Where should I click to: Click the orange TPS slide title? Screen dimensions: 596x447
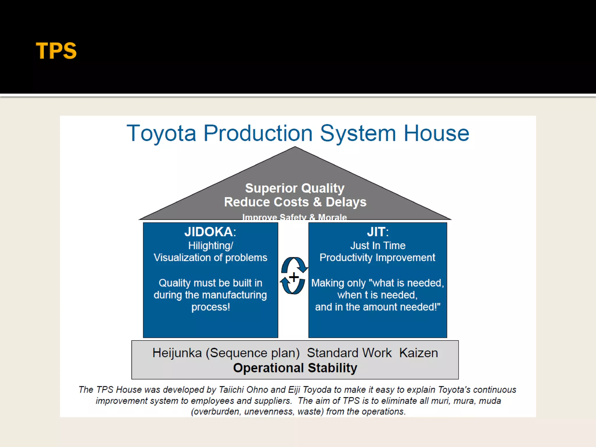(56, 51)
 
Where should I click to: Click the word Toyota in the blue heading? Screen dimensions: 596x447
(161, 133)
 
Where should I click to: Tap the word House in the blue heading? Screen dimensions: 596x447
(436, 133)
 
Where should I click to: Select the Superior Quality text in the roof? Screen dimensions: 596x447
(295, 188)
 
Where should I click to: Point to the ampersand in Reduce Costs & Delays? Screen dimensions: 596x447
(317, 202)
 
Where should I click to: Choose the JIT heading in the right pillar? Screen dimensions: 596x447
(377, 232)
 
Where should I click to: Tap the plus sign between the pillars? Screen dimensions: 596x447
(294, 277)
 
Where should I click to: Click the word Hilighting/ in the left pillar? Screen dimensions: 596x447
(210, 246)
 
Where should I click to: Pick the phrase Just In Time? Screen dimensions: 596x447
(378, 246)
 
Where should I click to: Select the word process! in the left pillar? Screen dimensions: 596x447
(210, 307)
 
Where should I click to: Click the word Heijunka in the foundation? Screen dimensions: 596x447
(177, 353)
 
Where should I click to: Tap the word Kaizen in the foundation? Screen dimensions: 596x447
(418, 353)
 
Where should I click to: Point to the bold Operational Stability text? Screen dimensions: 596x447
(295, 368)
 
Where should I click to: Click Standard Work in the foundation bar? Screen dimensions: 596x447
(349, 353)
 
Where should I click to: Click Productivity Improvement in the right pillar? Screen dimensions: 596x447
(377, 258)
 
